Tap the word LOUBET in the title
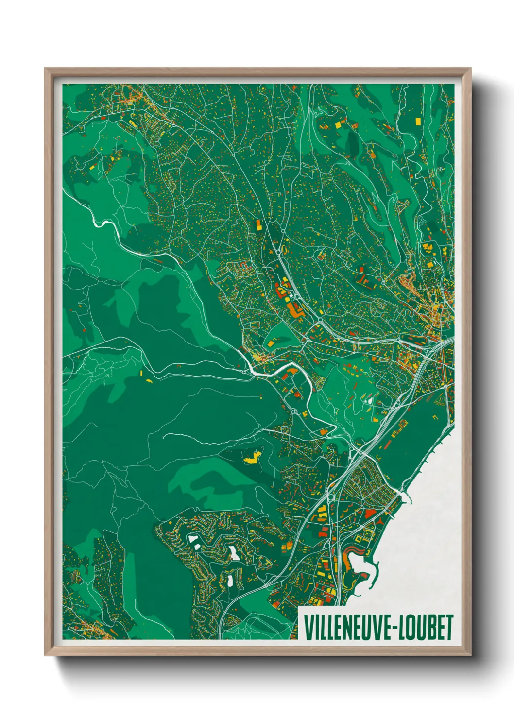click(428, 627)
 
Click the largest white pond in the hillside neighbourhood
click(234, 553)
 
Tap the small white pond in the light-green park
click(369, 401)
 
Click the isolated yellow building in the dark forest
click(252, 457)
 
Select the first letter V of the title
click(308, 627)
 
